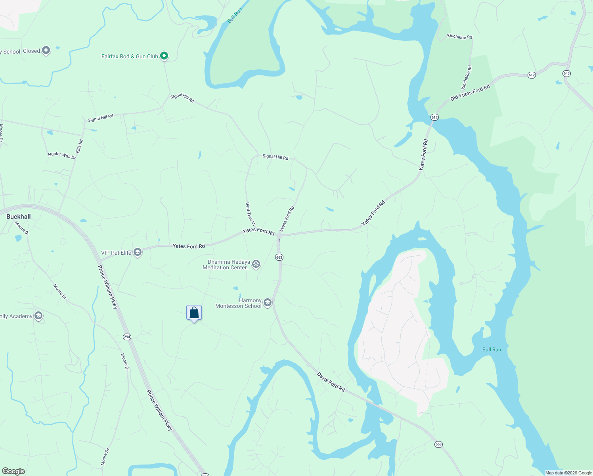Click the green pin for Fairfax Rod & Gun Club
(x=164, y=56)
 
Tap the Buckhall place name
(x=19, y=217)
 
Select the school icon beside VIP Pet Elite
(x=138, y=252)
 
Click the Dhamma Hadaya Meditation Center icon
(x=256, y=264)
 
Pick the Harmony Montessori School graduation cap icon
(x=268, y=303)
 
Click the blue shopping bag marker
(x=194, y=313)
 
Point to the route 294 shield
(x=127, y=337)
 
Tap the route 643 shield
(x=566, y=73)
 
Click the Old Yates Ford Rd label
(x=470, y=92)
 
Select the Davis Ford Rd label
(x=331, y=382)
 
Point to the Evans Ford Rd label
(x=287, y=219)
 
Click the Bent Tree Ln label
(x=250, y=214)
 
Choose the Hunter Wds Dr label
(x=62, y=155)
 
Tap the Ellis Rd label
(x=80, y=146)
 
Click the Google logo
(x=13, y=471)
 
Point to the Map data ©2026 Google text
(x=568, y=473)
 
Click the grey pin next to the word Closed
(x=46, y=50)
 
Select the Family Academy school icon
(x=38, y=316)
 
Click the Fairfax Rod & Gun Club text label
(x=130, y=56)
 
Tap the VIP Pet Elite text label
(x=116, y=253)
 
